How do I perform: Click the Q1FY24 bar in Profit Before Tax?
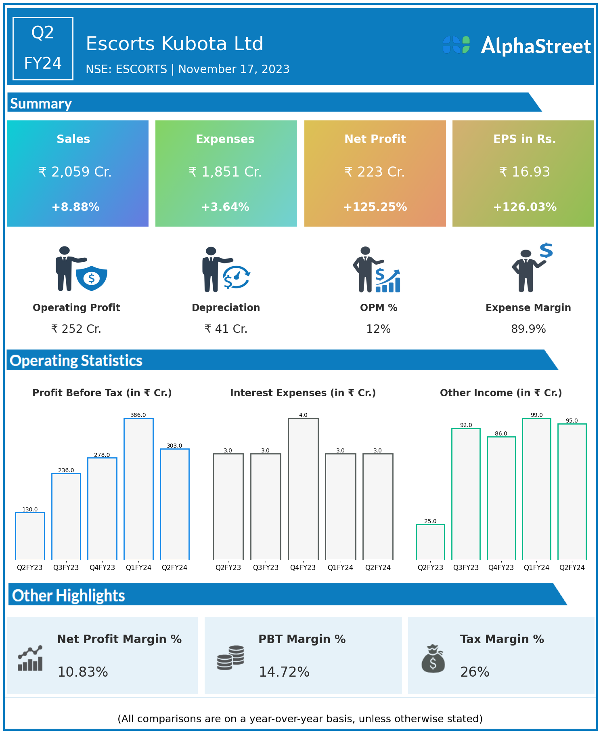[x=138, y=489]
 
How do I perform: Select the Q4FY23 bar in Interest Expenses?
[x=303, y=489]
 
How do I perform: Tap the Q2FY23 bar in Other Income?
[x=430, y=542]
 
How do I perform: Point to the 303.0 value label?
[x=174, y=446]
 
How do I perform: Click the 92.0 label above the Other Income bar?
[x=466, y=425]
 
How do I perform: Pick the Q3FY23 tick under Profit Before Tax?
[x=66, y=568]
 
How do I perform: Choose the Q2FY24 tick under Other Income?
[x=572, y=568]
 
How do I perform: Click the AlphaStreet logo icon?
[x=456, y=45]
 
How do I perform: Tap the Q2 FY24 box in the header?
[x=43, y=48]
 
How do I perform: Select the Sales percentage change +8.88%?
[x=75, y=207]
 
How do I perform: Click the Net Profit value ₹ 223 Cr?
[x=375, y=172]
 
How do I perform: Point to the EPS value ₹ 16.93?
[x=524, y=172]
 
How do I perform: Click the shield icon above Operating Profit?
[x=92, y=278]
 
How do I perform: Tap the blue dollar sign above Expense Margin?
[x=546, y=250]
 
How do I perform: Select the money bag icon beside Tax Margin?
[x=433, y=659]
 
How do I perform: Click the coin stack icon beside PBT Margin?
[x=230, y=658]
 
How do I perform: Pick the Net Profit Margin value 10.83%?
[x=83, y=672]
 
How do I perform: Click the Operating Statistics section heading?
[x=76, y=360]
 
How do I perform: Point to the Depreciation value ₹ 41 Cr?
[x=226, y=329]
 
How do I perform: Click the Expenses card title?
[x=225, y=139]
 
